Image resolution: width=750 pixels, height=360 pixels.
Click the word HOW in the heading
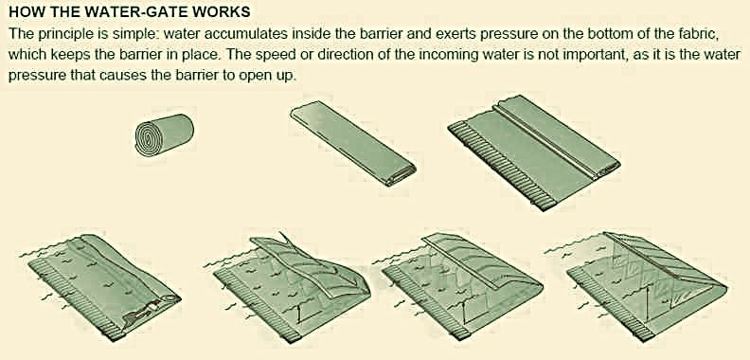tap(23, 12)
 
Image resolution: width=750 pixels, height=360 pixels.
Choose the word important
tap(604, 54)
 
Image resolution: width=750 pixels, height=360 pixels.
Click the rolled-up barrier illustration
tap(164, 133)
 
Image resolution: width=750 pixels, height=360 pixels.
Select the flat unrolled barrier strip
tap(353, 144)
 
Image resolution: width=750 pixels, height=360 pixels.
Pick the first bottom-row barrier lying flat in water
tap(104, 284)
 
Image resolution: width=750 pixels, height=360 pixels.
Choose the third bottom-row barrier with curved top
tap(463, 286)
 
